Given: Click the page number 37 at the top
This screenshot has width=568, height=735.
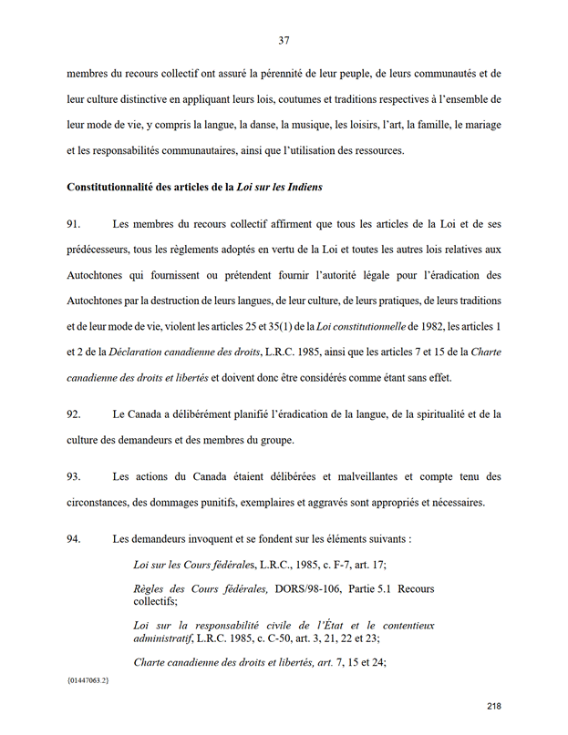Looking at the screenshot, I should click(284, 39).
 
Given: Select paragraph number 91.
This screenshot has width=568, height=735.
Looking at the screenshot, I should click(75, 224).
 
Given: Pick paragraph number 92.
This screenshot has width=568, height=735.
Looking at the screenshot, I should click(75, 414).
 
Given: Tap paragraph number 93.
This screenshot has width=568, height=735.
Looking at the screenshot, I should click(75, 476).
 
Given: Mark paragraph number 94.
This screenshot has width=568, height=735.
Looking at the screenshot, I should click(75, 538).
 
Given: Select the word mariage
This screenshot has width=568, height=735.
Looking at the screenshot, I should click(479, 124).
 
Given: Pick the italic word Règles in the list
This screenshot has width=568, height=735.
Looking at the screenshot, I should click(152, 589).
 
